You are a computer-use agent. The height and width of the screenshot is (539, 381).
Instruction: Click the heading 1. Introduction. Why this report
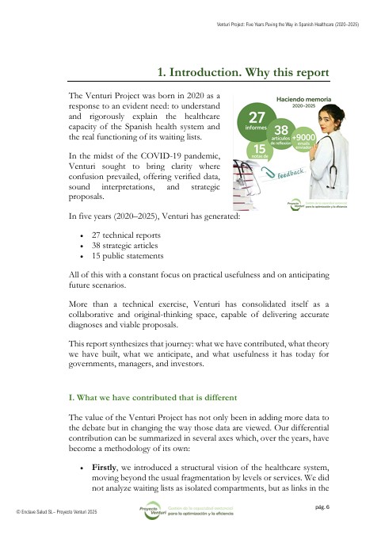243,72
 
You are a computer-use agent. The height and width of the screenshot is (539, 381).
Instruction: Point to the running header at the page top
287,25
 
